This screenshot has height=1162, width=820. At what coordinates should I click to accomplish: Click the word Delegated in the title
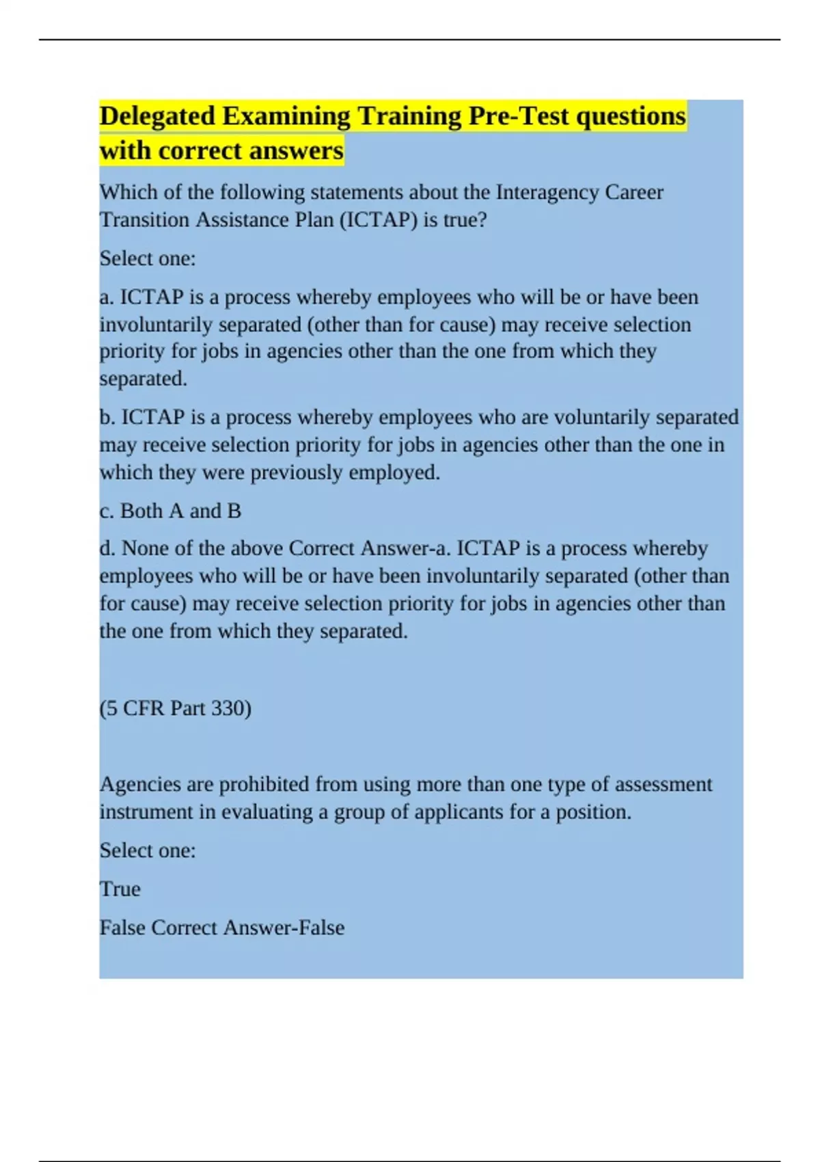158,116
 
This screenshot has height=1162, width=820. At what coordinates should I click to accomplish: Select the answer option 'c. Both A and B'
170,511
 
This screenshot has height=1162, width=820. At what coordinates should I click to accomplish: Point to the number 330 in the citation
230,708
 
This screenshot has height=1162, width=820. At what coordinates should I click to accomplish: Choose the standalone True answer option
120,889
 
